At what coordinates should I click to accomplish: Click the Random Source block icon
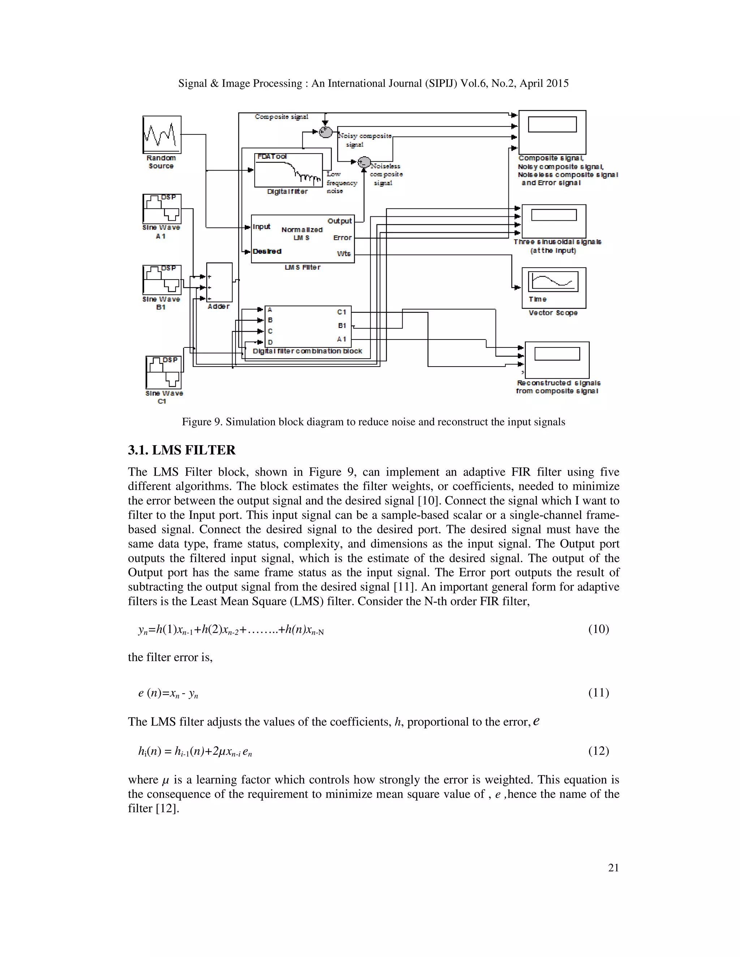click(x=162, y=135)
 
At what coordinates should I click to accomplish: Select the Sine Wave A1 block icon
click(x=162, y=209)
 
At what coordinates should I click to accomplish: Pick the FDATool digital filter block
click(x=288, y=170)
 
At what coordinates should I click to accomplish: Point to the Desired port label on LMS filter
click(x=267, y=251)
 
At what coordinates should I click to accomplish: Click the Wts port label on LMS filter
click(x=344, y=254)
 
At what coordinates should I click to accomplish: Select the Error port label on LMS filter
click(x=343, y=238)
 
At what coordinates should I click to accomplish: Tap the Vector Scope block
click(x=554, y=287)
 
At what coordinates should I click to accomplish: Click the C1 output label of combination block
click(x=341, y=312)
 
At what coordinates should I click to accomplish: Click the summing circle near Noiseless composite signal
click(x=364, y=163)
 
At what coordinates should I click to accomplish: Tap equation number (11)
click(x=598, y=692)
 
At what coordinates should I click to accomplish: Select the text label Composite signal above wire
click(x=281, y=117)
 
